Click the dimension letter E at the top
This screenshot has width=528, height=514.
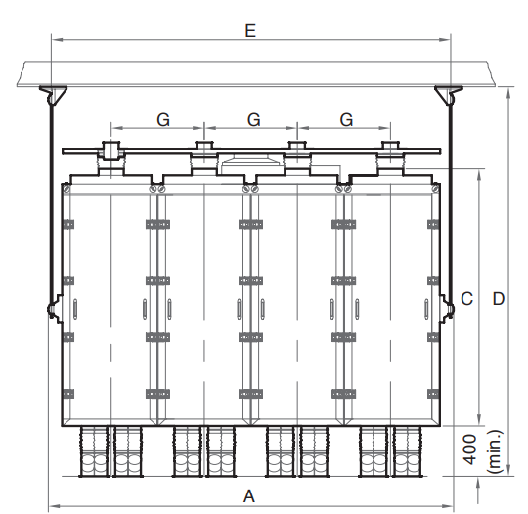(x=250, y=31)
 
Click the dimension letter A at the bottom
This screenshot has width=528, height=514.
(x=249, y=496)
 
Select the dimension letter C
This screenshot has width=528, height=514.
(x=466, y=299)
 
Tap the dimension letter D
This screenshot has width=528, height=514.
(x=499, y=299)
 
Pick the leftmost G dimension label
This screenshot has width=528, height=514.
(x=163, y=120)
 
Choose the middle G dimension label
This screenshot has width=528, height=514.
(x=254, y=120)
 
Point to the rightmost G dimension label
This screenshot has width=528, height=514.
(x=346, y=120)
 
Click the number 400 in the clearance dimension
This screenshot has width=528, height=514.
(x=470, y=450)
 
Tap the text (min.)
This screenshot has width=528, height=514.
(x=495, y=451)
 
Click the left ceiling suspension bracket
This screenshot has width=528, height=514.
(x=53, y=95)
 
